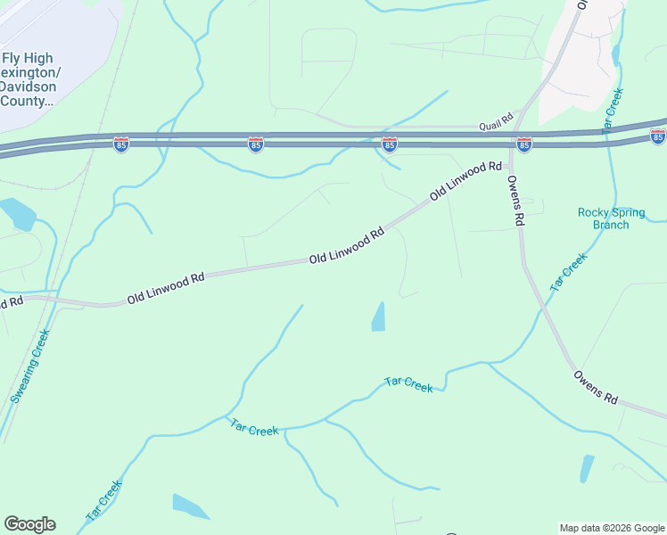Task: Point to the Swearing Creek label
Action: coord(30,366)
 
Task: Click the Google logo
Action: coord(29,524)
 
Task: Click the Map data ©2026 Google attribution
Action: coord(612,528)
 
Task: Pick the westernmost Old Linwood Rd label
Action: coord(166,287)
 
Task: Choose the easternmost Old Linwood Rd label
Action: coord(465,181)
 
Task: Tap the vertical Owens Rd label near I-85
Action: coord(514,200)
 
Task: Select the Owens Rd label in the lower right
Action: coord(596,387)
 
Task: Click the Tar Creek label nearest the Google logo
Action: coord(103,501)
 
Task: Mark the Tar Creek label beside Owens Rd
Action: coord(569,273)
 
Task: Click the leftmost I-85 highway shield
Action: coord(121,144)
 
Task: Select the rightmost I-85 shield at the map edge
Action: coord(658,136)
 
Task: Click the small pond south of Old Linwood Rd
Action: coord(378,317)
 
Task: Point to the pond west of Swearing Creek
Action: coord(17,214)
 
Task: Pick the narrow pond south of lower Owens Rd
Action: coord(587,468)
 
